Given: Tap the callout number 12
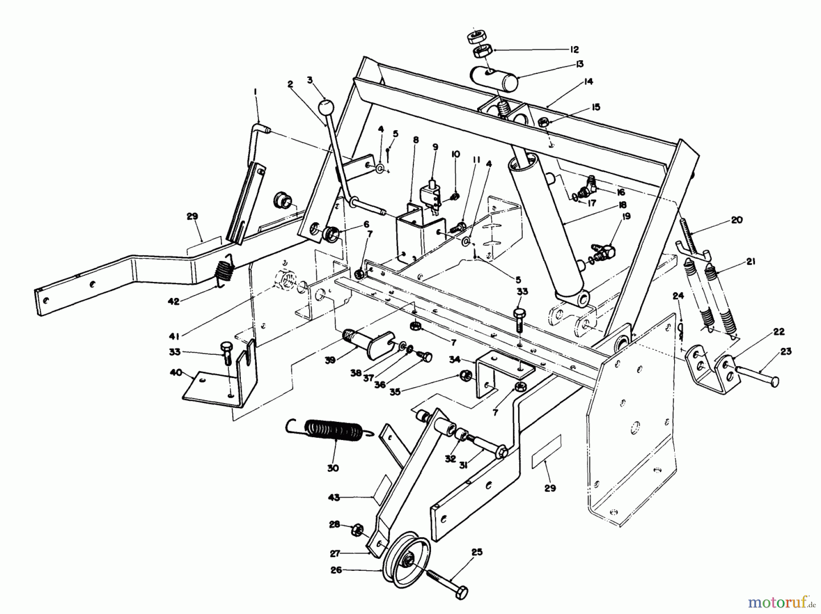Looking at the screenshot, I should click(574, 49).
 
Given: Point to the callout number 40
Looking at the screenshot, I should click(176, 373).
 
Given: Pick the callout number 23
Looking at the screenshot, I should click(786, 351).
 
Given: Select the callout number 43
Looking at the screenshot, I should click(334, 497).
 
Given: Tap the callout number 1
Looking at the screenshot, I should click(255, 92).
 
